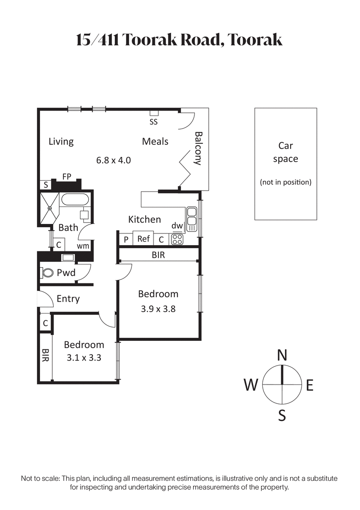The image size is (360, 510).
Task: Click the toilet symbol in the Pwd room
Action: coord(47,273)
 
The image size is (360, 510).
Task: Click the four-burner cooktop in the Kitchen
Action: coord(177,239)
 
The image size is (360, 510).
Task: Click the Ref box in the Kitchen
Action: coord(143,239)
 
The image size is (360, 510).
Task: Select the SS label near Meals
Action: coord(153,121)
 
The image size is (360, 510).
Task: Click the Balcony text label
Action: coord(197,148)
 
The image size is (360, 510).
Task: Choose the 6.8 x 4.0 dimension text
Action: coord(113,160)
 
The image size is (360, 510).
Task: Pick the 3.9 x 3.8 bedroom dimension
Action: coord(158,309)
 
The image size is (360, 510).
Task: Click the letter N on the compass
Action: coord(282,355)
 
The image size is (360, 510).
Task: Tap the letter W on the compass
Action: coord(251,385)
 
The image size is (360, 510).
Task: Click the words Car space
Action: coord(286,152)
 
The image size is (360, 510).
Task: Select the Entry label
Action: coord(68,299)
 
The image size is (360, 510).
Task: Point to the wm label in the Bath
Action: coord(82,246)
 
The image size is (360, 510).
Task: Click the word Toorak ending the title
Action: coord(255,40)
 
